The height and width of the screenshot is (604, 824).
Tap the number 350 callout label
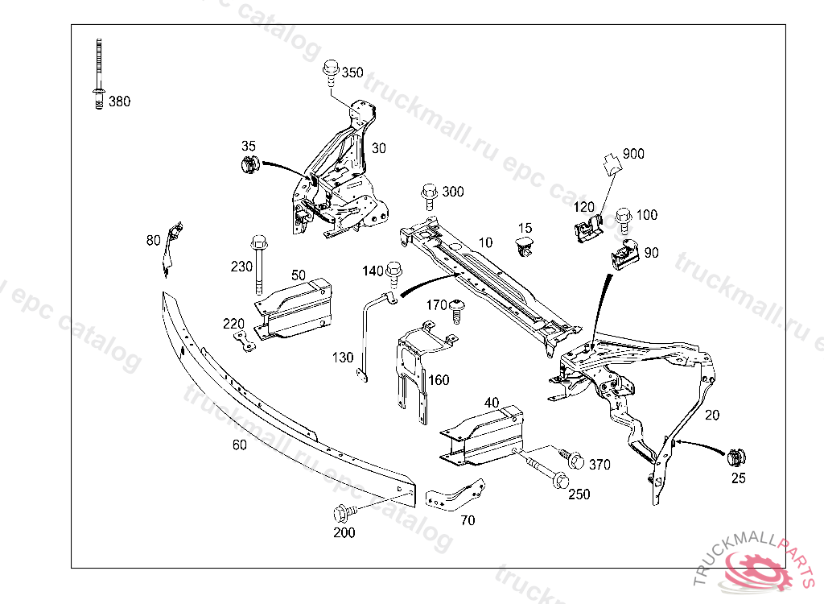coord(352,72)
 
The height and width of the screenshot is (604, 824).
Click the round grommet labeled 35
coord(248,167)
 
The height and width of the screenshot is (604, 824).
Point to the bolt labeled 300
coord(428,194)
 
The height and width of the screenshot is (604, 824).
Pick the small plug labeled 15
coord(525,245)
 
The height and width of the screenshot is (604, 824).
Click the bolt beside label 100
coord(623,218)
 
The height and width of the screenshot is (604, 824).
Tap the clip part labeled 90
coord(622,253)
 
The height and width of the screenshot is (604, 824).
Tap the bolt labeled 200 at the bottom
coord(341,513)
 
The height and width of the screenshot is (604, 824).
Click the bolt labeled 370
coord(574,459)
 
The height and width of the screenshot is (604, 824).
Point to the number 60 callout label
coord(239,444)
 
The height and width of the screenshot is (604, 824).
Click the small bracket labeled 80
coord(171,244)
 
